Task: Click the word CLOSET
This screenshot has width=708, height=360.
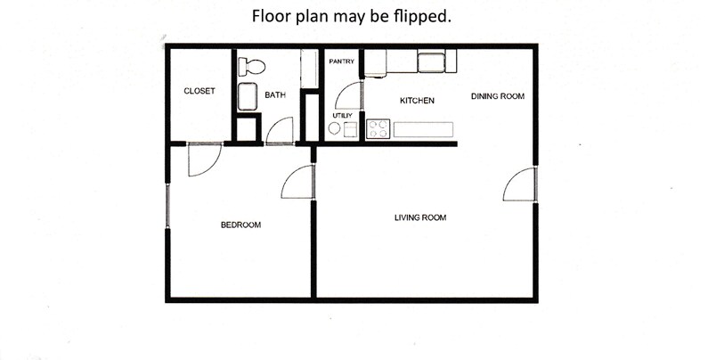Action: pyautogui.click(x=199, y=91)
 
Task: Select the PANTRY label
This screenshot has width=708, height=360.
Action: pyautogui.click(x=342, y=61)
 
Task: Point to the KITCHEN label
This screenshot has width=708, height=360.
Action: pyautogui.click(x=417, y=101)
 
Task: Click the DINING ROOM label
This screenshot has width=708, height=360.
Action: pyautogui.click(x=497, y=95)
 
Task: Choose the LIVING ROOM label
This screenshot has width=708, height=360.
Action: pyautogui.click(x=420, y=217)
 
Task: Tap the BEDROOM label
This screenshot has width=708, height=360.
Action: pyautogui.click(x=240, y=225)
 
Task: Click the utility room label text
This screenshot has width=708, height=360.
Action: pyautogui.click(x=343, y=116)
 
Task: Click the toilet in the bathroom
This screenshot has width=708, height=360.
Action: pyautogui.click(x=252, y=65)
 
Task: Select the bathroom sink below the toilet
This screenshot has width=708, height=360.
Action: pyautogui.click(x=247, y=96)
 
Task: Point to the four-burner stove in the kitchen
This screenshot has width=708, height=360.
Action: pyautogui.click(x=378, y=129)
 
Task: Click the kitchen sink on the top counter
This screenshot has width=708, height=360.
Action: pyautogui.click(x=432, y=61)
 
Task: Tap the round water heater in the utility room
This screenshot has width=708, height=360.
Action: pyautogui.click(x=335, y=129)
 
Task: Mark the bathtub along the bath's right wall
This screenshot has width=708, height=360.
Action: pyautogui.click(x=310, y=69)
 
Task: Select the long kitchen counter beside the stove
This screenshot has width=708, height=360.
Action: pyautogui.click(x=423, y=129)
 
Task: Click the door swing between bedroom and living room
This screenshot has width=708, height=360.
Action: pyautogui.click(x=298, y=183)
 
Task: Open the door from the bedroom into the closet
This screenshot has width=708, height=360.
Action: pyautogui.click(x=205, y=159)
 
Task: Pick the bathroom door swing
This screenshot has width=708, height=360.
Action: pyautogui.click(x=280, y=131)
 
